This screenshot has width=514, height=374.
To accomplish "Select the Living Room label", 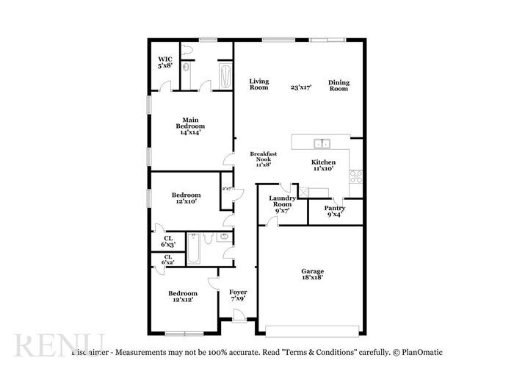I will pos(258,84).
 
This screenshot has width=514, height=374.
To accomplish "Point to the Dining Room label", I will pos(338,85).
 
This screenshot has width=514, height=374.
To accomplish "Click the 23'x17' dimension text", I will pos(300,87).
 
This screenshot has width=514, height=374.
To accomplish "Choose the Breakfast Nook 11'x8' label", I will pos(263,159).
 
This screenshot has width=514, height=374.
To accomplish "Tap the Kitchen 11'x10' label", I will pos(323,165).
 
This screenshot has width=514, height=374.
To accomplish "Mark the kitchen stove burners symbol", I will pos(356,176).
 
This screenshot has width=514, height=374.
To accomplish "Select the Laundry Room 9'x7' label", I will pos(282,204).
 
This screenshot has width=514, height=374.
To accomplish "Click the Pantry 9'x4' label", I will pos(335,212).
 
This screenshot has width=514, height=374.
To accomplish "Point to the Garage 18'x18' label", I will pos(313,274).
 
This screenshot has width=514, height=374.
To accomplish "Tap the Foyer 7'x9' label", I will pos(238,295).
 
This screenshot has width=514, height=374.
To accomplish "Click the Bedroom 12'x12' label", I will pos(182,296).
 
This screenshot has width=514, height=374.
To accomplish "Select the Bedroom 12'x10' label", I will pos(186,198).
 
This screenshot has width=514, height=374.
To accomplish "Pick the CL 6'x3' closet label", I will pos(168,241).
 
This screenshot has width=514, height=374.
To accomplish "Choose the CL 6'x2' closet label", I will pos(168,259).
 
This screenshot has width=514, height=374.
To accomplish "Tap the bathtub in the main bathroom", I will pos(224,74).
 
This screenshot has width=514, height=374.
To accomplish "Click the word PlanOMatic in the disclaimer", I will pos(421,352).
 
